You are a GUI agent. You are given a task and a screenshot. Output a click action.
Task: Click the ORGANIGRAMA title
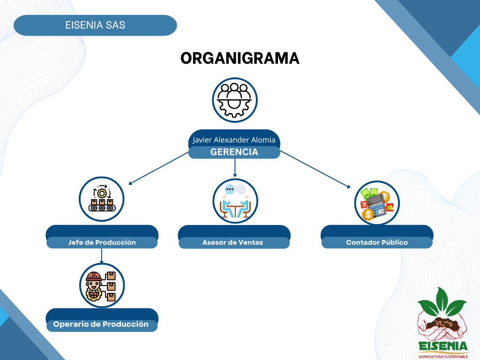240,58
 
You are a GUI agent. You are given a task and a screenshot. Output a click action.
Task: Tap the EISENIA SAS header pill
95,25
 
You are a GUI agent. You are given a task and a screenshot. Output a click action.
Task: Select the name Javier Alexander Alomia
234,140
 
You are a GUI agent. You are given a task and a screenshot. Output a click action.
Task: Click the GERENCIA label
234,152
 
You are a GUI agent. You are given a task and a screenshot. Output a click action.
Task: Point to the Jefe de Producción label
102,242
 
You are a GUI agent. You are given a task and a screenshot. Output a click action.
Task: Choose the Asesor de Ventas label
232,242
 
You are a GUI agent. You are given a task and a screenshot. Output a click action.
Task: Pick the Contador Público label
377,242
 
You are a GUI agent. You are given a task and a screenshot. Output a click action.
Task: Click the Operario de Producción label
101,324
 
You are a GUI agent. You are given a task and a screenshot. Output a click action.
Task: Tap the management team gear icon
235,100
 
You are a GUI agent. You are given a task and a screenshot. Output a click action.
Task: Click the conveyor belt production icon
102,199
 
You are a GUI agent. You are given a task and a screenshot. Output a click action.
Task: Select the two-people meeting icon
235,201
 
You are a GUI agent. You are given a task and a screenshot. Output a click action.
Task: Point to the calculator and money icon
376,203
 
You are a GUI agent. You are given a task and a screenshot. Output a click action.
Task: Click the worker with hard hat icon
102,285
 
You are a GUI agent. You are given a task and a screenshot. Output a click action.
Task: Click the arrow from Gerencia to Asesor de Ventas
235,168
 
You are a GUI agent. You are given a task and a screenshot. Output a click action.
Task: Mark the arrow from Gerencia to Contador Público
315,169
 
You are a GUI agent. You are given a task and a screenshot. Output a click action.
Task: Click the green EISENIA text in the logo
443,346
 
